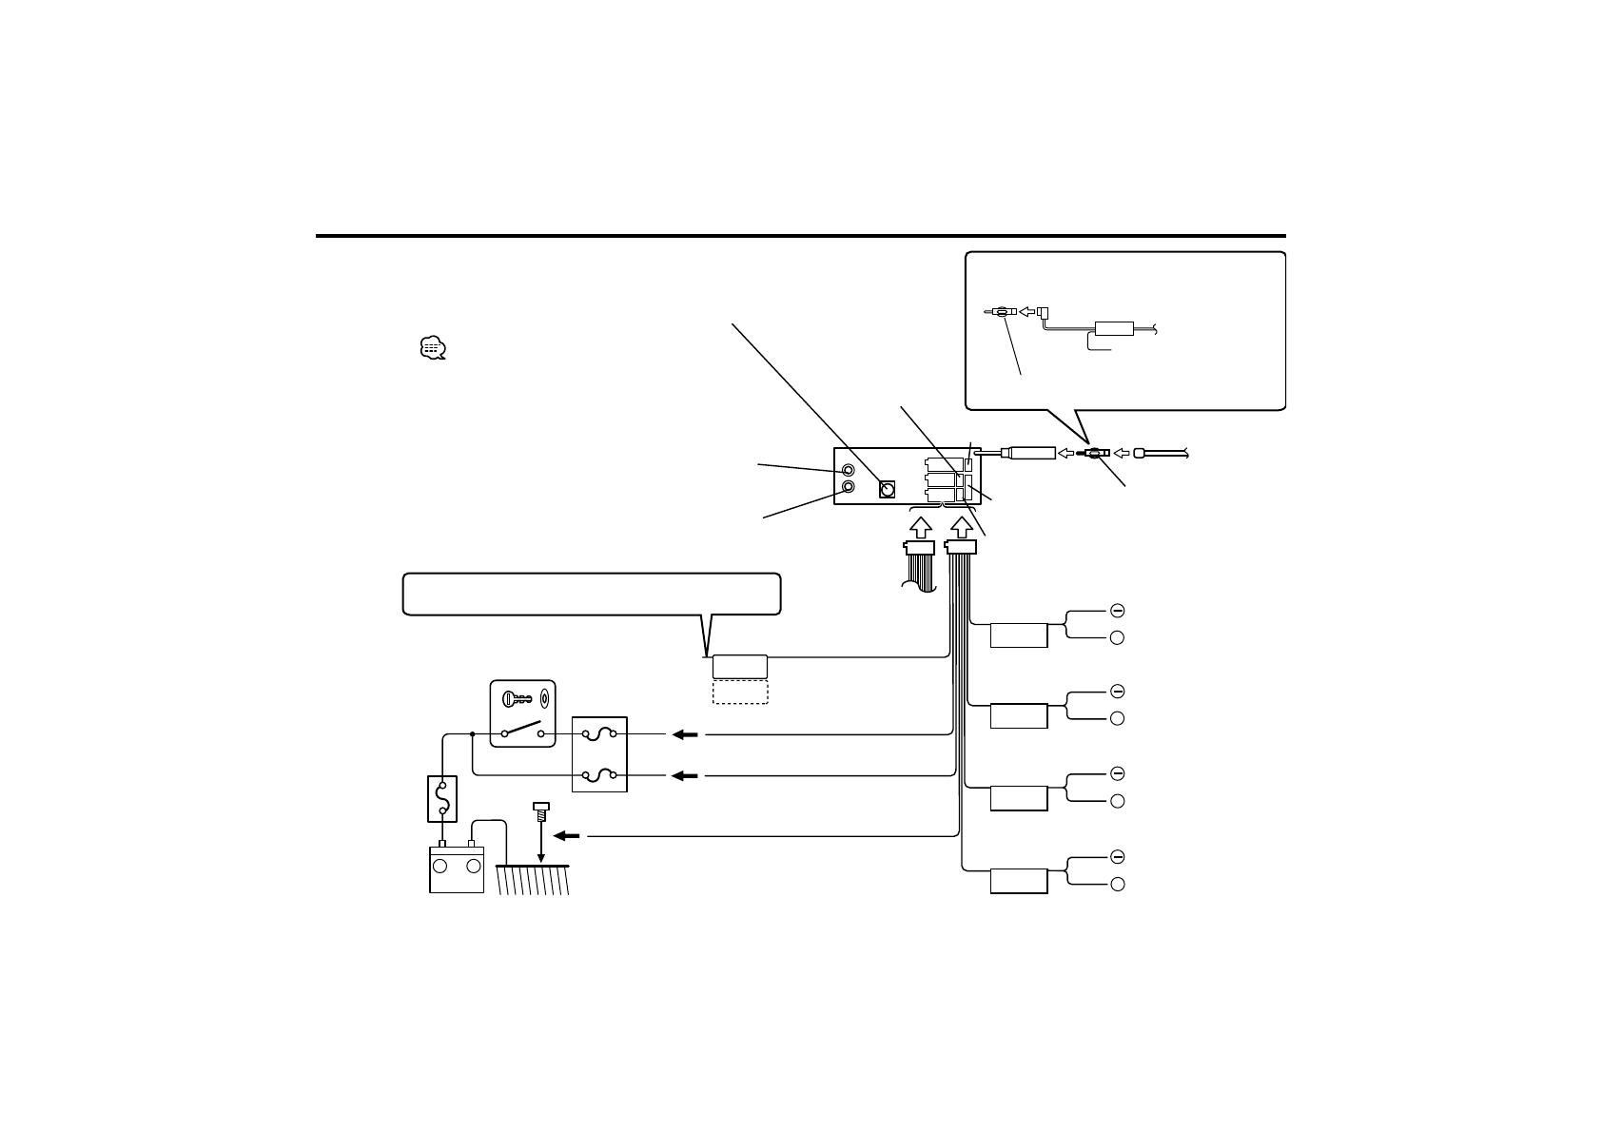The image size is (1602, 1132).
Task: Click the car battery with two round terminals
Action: (457, 869)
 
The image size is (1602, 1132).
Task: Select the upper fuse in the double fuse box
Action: (599, 734)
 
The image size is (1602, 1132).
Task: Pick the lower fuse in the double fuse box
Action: (599, 776)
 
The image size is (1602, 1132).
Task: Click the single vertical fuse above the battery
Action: (442, 799)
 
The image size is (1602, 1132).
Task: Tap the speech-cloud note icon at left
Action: (432, 348)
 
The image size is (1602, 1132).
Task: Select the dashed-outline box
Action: (740, 692)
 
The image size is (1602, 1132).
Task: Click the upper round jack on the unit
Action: (849, 470)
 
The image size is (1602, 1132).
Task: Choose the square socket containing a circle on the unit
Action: (888, 490)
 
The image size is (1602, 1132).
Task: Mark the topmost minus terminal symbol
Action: (1118, 610)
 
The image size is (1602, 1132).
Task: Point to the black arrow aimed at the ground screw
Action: (566, 836)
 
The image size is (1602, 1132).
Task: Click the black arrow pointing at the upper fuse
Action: (684, 734)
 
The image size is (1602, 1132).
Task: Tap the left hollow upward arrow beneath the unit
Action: (921, 526)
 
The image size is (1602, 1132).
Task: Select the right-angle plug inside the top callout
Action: (1042, 312)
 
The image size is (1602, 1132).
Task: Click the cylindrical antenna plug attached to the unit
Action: (1029, 454)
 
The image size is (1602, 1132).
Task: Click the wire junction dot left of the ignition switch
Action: (473, 734)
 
